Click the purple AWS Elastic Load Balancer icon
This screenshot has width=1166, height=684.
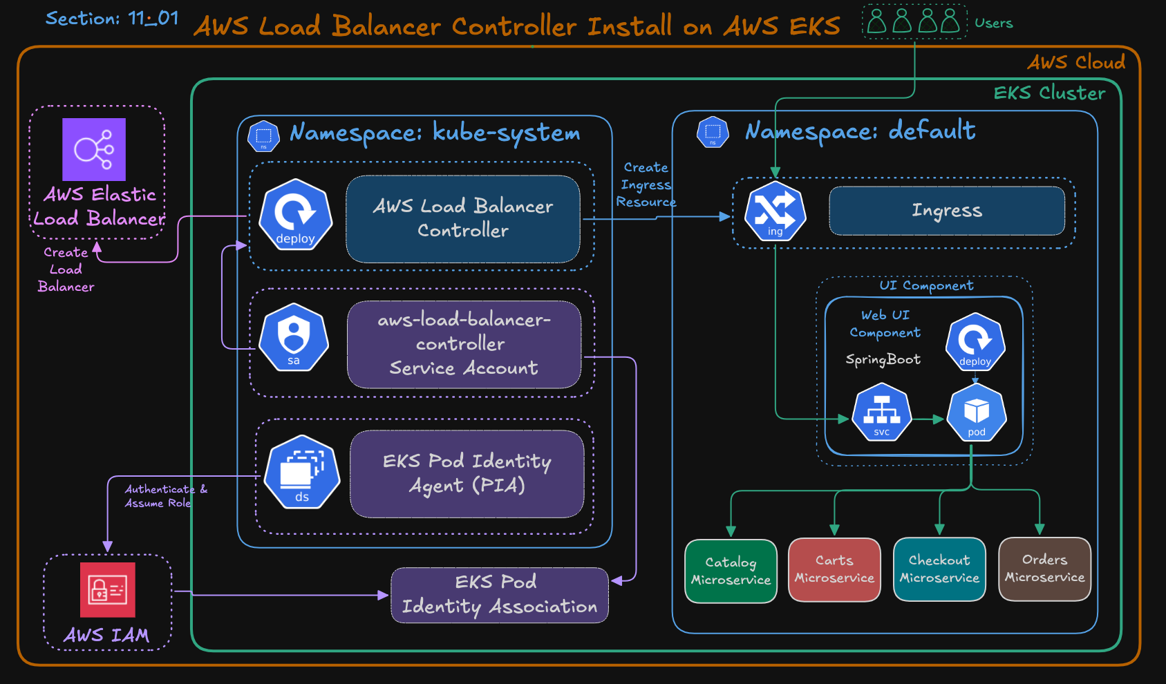click(x=94, y=149)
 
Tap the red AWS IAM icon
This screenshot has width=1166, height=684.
click(x=107, y=589)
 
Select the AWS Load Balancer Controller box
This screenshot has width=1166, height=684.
click(x=463, y=218)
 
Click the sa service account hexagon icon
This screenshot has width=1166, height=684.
click(x=294, y=337)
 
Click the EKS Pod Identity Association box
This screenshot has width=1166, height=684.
click(x=499, y=595)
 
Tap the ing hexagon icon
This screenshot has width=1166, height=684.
click(x=775, y=211)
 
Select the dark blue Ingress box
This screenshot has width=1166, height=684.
click(x=946, y=211)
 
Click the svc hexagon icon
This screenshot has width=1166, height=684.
click(x=881, y=413)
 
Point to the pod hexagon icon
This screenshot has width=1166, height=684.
click(x=976, y=413)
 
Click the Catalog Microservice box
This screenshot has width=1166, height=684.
click(x=731, y=571)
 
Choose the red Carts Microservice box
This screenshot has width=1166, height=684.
click(x=834, y=569)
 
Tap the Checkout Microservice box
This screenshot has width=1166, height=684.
click(x=939, y=569)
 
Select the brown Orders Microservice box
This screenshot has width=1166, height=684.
click(x=1044, y=569)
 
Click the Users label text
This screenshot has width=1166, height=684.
click(x=993, y=23)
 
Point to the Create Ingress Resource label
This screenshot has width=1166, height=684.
click(x=646, y=184)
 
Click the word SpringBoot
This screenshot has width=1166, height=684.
click(x=883, y=359)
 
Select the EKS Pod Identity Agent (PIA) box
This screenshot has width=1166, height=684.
click(x=467, y=474)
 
